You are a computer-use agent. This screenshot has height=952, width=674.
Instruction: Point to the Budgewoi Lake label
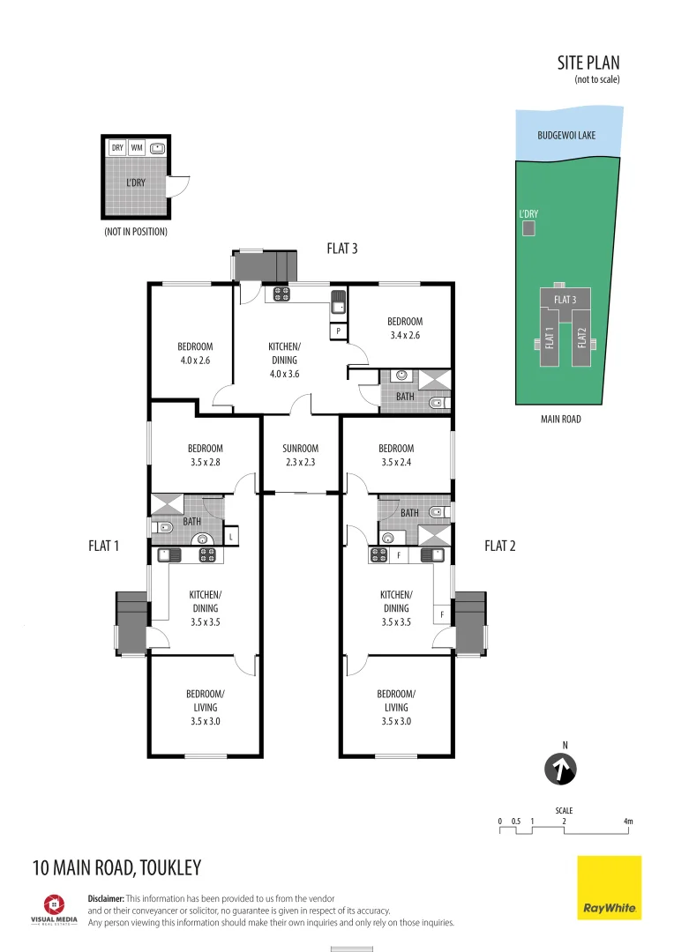[x=566, y=136]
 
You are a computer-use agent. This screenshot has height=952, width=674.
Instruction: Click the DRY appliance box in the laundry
[x=117, y=148]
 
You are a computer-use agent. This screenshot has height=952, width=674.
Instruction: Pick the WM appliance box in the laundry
[x=137, y=148]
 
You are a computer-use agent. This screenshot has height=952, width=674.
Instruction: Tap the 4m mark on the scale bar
[x=628, y=822]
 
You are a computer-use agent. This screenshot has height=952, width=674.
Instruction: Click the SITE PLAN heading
[x=588, y=63]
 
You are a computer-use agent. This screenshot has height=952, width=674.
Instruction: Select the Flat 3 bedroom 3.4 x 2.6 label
[x=404, y=328]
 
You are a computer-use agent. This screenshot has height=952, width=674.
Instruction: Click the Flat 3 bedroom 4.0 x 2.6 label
[x=194, y=353]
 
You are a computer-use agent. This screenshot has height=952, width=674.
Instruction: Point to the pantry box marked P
[x=339, y=331]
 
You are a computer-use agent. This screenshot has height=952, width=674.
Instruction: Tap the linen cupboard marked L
[x=230, y=536]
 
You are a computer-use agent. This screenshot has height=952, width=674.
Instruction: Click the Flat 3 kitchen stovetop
[x=282, y=294]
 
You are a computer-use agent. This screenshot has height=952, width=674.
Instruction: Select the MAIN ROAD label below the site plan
[x=560, y=420]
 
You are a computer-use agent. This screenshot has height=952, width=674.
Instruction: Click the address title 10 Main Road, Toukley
[x=116, y=867]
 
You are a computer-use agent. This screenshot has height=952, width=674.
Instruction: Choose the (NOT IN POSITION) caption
[x=135, y=232]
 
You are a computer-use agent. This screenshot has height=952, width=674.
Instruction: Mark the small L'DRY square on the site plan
[x=528, y=229]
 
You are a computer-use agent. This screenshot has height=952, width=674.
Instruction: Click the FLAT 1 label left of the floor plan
[x=103, y=546]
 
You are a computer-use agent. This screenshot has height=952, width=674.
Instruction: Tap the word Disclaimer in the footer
[x=108, y=898]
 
